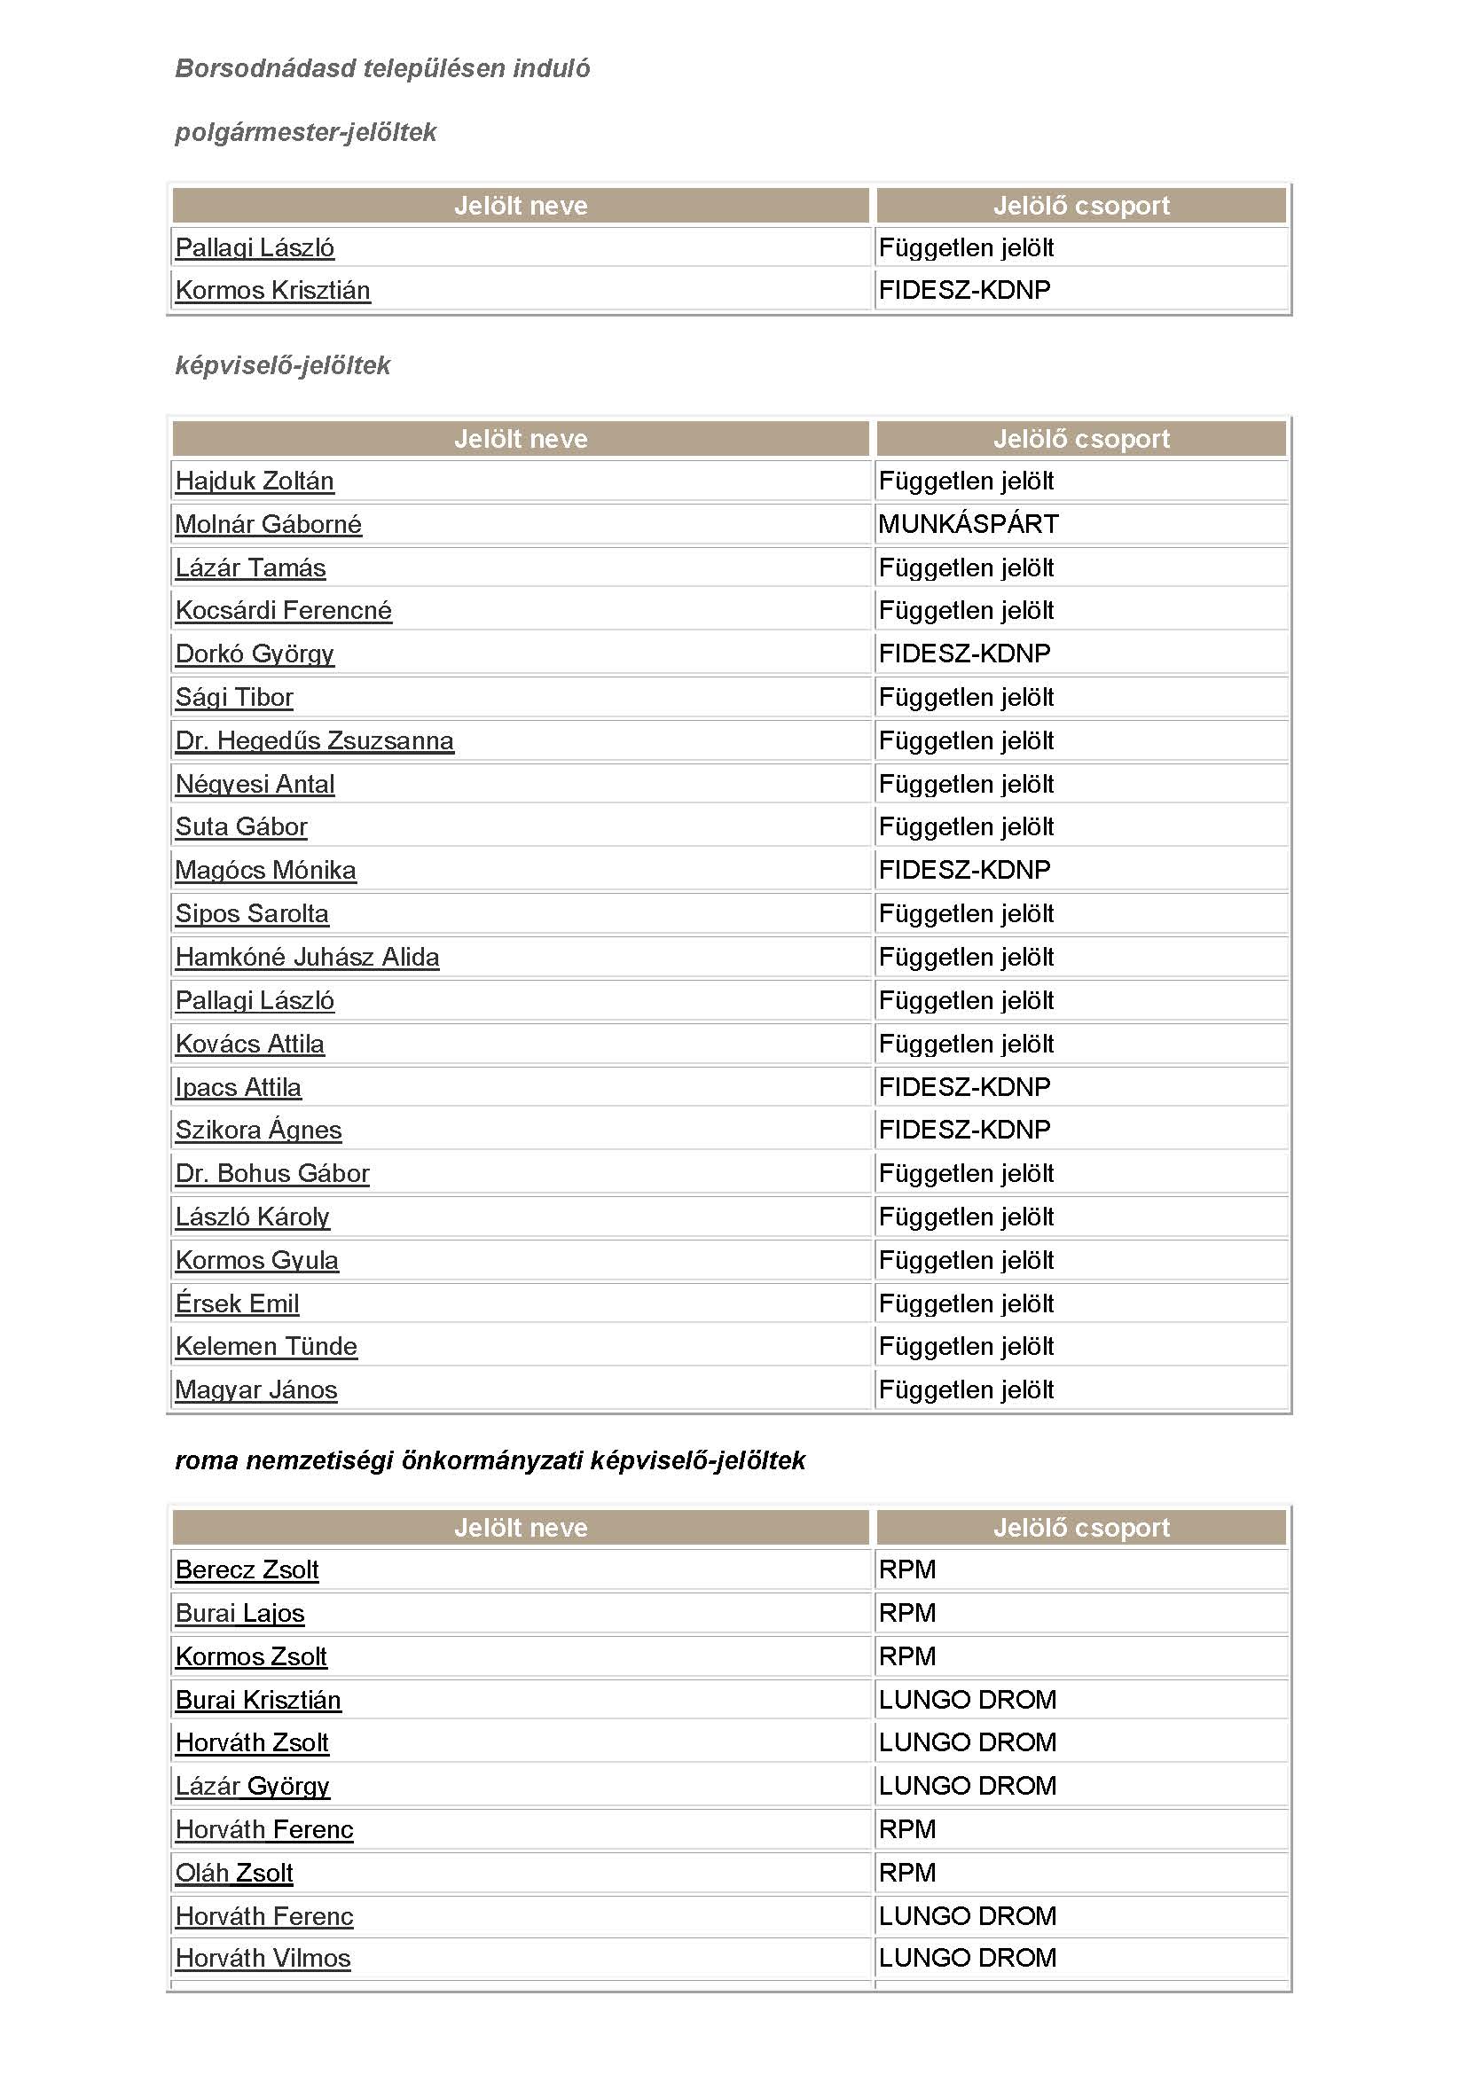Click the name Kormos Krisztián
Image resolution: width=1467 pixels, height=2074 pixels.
[x=272, y=291]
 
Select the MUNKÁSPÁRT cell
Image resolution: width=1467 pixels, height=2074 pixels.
[x=968, y=524]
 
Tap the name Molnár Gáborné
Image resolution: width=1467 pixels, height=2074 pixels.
[x=268, y=525]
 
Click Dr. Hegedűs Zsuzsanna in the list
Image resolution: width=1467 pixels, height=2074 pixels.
[x=314, y=740]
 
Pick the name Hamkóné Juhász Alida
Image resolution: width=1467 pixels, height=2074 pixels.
[x=307, y=958]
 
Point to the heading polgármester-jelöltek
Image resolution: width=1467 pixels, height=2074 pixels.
[x=305, y=133]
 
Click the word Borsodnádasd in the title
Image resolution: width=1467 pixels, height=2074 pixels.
[x=264, y=68]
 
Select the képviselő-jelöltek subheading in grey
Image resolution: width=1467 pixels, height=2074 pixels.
[x=282, y=366]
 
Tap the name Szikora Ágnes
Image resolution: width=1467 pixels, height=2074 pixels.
[x=258, y=1130]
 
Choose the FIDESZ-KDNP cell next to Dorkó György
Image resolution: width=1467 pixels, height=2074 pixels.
[x=964, y=654]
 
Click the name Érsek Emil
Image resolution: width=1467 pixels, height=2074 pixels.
[x=237, y=1303]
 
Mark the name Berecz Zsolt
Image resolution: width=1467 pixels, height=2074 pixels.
[x=247, y=1570]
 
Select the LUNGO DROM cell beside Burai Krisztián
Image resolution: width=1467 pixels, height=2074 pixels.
[x=967, y=1700]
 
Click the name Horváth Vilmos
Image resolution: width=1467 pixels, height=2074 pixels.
[x=263, y=1959]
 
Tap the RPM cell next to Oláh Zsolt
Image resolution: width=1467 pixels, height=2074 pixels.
[x=907, y=1874]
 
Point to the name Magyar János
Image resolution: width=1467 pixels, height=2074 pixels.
[x=255, y=1390]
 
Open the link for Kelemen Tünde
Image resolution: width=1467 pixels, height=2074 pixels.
[x=265, y=1347]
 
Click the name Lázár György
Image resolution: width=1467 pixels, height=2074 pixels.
[x=252, y=1786]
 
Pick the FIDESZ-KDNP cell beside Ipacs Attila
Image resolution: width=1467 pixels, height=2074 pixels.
[x=964, y=1088]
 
